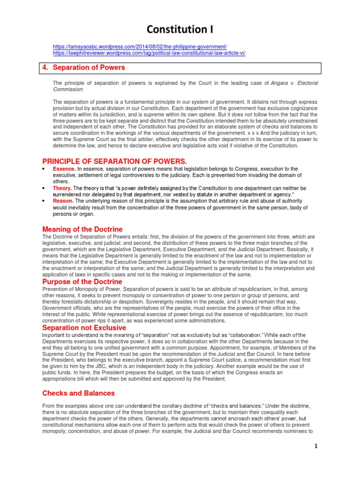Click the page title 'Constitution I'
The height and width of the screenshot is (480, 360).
pyautogui.click(x=180, y=30)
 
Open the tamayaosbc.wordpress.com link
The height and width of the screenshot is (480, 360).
pyautogui.click(x=140, y=47)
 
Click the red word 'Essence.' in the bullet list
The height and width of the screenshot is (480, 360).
pyautogui.click(x=64, y=169)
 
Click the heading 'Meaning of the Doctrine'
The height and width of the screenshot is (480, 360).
pyautogui.click(x=82, y=229)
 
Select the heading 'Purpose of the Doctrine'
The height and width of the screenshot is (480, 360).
pyautogui.click(x=82, y=282)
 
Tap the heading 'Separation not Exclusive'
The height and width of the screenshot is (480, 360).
pyautogui.click(x=84, y=327)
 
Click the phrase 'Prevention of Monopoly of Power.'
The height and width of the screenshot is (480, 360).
pyautogui.click(x=79, y=290)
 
